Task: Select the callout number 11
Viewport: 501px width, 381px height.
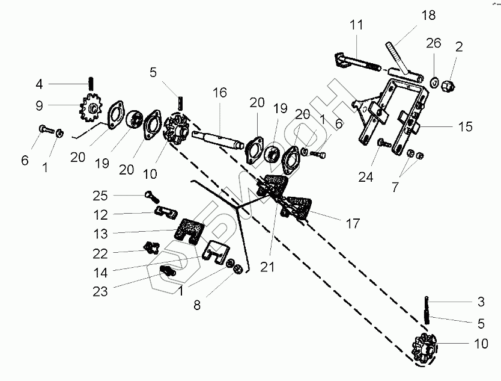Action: point(357,26)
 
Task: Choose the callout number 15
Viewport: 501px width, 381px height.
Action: point(465,127)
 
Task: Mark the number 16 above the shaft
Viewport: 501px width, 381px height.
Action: point(220,93)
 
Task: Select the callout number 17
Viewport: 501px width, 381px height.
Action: point(353,223)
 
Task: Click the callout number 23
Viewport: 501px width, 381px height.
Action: point(100,291)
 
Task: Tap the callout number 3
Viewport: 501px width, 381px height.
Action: point(481,302)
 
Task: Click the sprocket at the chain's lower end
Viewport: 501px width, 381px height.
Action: point(425,349)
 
